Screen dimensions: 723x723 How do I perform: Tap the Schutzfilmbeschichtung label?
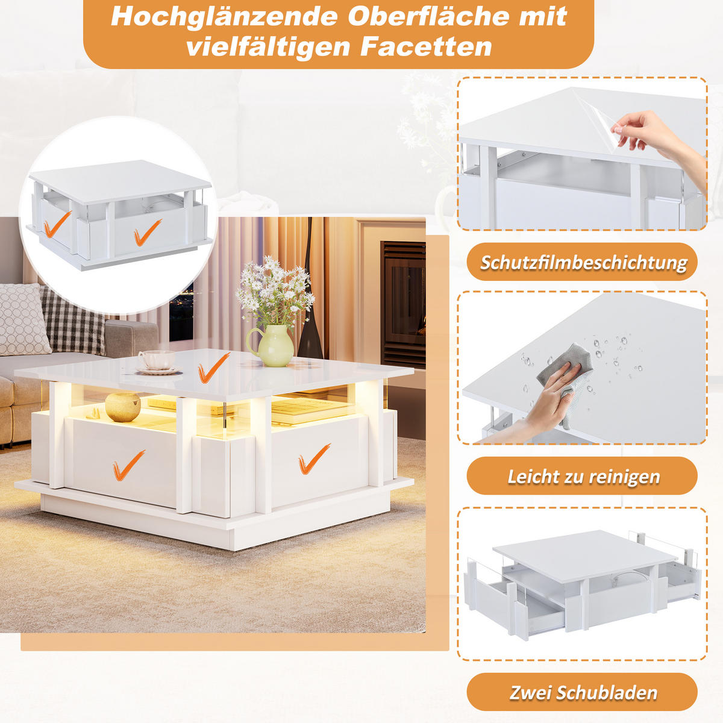pos(583,263)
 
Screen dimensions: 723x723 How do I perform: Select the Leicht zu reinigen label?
pos(583,477)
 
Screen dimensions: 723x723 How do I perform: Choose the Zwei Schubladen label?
pos(583,692)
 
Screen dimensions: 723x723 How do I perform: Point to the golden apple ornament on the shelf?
pos(122,406)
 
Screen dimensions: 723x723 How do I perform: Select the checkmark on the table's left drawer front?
pos(128,465)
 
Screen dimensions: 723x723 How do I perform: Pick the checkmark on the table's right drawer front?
pos(314,459)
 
